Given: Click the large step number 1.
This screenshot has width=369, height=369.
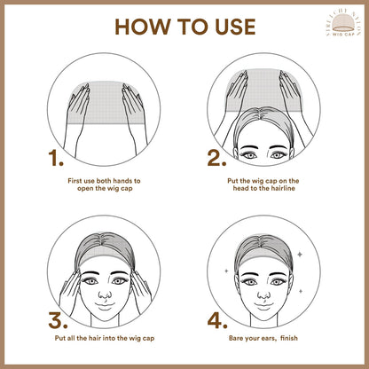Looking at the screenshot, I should pyautogui.click(x=55, y=161).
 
